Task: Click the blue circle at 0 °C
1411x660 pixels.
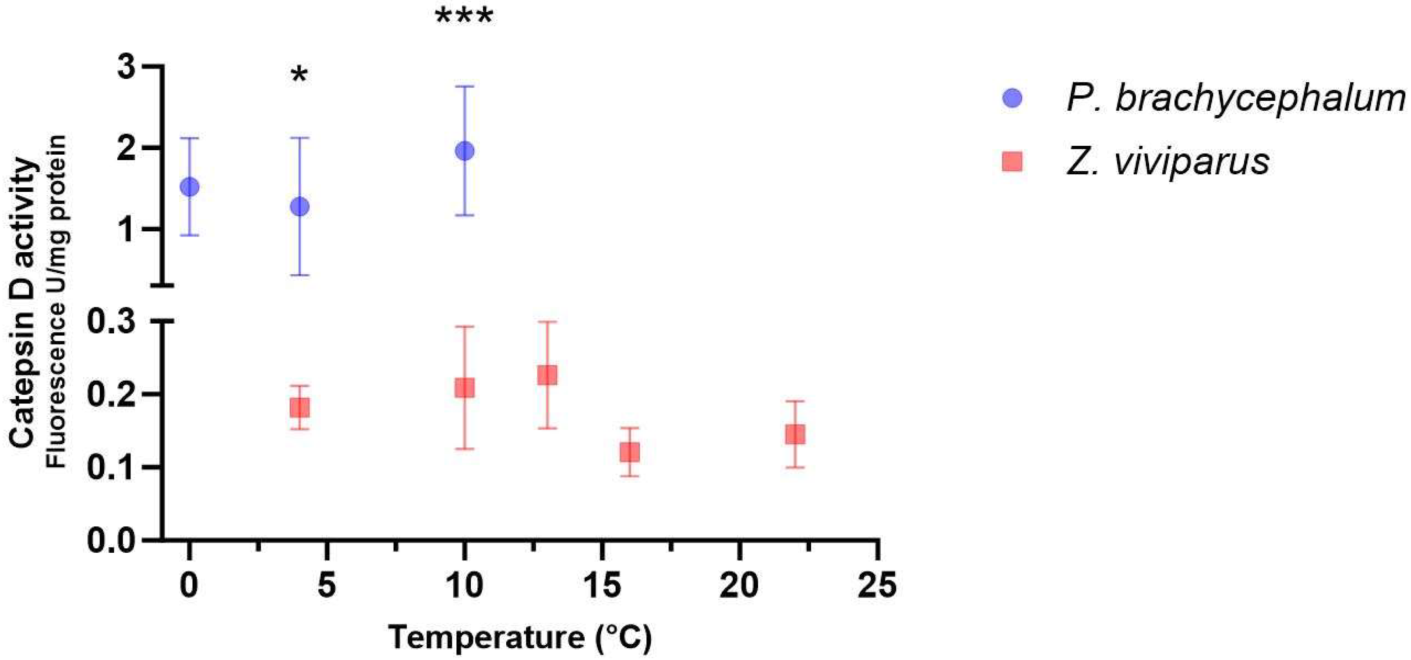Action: [190, 187]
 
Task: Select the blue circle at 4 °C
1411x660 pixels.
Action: [300, 206]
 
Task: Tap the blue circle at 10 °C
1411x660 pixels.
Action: [465, 151]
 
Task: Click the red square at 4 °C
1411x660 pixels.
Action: [300, 407]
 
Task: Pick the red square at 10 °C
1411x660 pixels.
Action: [465, 388]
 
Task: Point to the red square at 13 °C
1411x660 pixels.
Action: [547, 375]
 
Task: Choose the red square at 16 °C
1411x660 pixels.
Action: [629, 452]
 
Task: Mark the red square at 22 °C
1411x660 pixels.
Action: [795, 434]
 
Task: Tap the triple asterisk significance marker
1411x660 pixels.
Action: [465, 17]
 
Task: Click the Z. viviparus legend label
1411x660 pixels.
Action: [1168, 162]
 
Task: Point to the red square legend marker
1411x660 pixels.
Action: [1012, 162]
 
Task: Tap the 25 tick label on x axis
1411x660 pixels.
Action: [878, 585]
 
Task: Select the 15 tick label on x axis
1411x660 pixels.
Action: [602, 585]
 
